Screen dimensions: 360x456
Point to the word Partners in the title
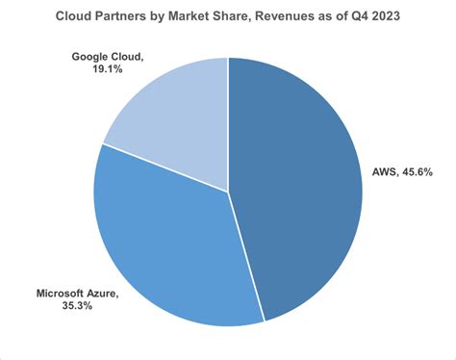coord(128,16)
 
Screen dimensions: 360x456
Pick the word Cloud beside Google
coord(130,56)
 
